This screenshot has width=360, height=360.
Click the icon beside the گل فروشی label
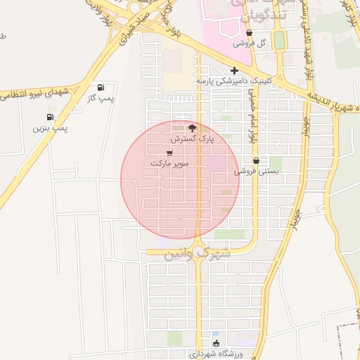[x=250, y=33]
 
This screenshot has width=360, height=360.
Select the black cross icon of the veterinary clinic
[x=235, y=70]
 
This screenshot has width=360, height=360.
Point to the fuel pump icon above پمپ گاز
[x=101, y=88]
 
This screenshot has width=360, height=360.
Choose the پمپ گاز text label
[x=101, y=98]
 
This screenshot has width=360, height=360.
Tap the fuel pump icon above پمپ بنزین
[x=50, y=117]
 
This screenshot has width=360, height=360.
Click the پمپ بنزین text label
[x=50, y=129]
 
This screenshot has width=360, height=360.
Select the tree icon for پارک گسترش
[x=193, y=128]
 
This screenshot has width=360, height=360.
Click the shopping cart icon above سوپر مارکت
[x=169, y=152]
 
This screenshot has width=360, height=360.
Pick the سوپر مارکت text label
[x=169, y=163]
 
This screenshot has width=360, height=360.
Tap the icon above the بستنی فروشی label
[x=256, y=160]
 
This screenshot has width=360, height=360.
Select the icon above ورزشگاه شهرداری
[x=217, y=345]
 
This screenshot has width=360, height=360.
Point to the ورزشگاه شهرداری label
[x=217, y=354]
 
